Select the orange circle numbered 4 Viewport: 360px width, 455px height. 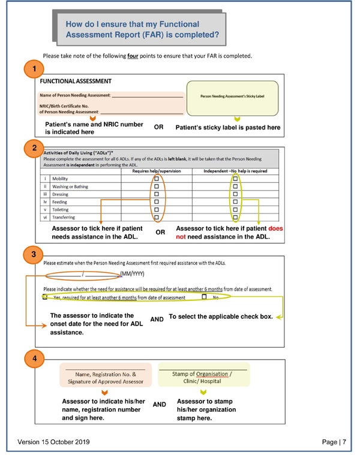(x=34, y=359)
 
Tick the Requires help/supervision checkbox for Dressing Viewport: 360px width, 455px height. (x=156, y=195)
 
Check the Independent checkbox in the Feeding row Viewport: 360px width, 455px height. (x=235, y=203)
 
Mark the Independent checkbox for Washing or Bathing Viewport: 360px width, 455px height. (x=235, y=186)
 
